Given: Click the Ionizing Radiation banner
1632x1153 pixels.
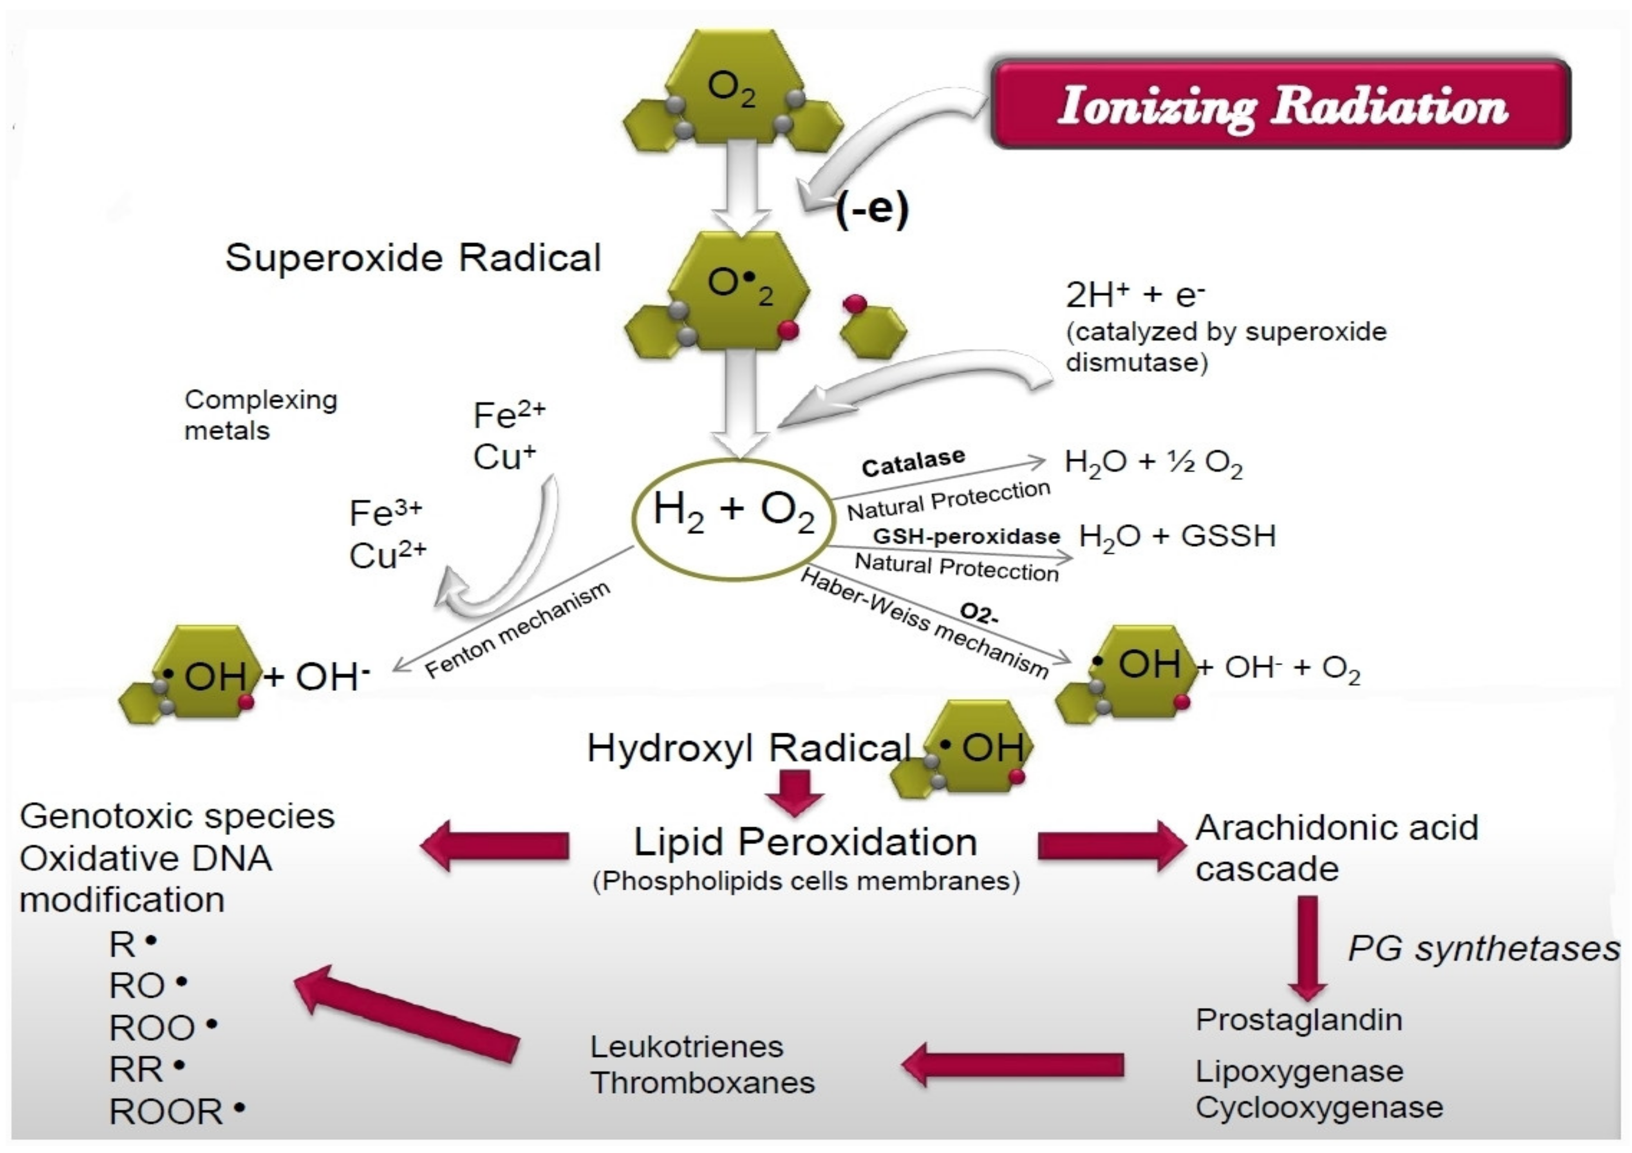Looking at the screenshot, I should click(1281, 105).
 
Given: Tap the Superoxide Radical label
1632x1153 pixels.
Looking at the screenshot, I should click(413, 257).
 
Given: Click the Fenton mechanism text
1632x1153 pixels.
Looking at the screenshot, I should click(517, 630).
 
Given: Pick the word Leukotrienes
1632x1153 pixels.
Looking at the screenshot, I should click(687, 1046).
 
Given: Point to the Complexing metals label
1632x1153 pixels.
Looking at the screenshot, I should click(260, 415).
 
